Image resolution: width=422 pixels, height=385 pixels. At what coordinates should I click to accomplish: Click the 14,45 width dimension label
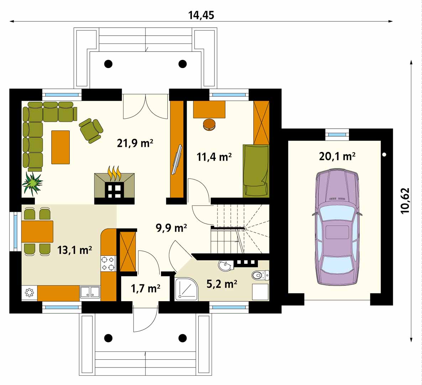[x=201, y=15]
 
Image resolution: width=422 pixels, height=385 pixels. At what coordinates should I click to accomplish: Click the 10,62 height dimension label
[x=405, y=200]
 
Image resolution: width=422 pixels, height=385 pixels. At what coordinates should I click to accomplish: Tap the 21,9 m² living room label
[x=135, y=143]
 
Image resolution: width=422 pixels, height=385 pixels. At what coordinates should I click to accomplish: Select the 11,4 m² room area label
[x=214, y=156]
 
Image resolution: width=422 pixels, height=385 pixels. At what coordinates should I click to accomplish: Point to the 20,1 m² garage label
[x=337, y=156]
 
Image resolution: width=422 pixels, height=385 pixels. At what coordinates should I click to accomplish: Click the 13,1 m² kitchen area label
[x=74, y=250]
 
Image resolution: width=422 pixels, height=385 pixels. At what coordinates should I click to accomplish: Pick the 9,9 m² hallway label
[x=171, y=228]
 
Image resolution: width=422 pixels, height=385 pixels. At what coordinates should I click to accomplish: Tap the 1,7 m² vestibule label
[x=146, y=288]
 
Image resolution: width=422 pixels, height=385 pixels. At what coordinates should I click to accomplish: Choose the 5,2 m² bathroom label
[x=222, y=284]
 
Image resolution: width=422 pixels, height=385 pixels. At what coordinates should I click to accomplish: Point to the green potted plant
[x=32, y=184]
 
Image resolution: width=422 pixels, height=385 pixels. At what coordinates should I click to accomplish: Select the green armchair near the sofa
[x=91, y=130]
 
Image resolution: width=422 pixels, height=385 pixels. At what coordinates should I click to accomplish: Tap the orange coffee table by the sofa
[x=61, y=147]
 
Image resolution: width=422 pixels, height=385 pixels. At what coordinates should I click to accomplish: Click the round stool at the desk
[x=209, y=125]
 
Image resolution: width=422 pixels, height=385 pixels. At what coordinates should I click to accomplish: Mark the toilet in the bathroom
[x=260, y=275]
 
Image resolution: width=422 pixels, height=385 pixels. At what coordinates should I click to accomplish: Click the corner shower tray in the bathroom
[x=186, y=289]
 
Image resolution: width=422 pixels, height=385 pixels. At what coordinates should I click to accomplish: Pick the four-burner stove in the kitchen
[x=108, y=263]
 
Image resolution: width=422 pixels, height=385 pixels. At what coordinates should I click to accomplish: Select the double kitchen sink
[x=90, y=292]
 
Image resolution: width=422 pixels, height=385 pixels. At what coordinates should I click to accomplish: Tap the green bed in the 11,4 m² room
[x=256, y=170]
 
